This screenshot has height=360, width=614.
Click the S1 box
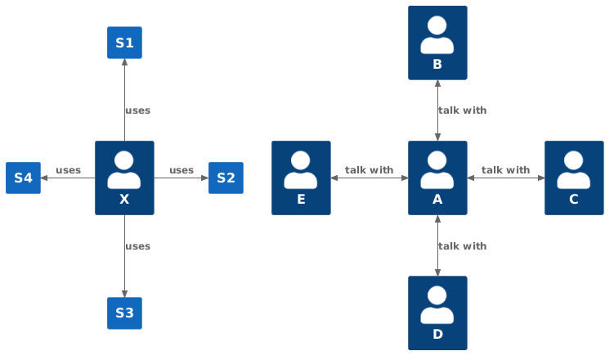point(124,43)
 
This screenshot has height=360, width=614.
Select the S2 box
point(226,178)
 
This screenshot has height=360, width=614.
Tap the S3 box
point(124,313)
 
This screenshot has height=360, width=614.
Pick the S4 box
point(23,178)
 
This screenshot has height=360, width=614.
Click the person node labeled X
point(124,178)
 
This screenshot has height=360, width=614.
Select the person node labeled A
point(437,178)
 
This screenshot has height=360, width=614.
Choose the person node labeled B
point(437,43)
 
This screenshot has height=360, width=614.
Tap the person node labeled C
point(574,178)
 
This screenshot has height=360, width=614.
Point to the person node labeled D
point(437,313)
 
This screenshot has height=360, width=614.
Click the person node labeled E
point(301,178)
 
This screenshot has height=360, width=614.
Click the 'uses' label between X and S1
point(137,110)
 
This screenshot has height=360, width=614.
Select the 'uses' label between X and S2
point(182,170)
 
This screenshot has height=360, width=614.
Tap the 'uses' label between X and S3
point(137,246)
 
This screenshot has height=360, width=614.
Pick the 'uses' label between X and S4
point(68,170)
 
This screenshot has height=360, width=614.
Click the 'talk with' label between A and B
point(462,110)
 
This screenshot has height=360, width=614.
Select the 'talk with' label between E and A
point(369,170)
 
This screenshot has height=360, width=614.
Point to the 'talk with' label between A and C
point(505,170)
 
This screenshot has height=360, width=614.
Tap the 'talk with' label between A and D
point(462,246)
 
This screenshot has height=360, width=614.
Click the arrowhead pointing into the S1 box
point(124,64)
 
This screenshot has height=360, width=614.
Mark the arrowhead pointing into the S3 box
point(124,293)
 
